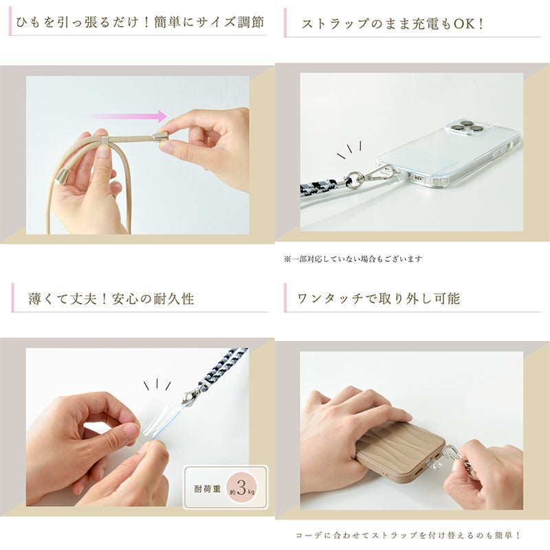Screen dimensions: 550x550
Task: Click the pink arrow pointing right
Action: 129,116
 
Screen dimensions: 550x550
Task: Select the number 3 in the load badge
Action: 241,487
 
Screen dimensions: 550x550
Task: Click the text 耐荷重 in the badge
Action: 208,489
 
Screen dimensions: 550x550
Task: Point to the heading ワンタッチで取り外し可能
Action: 379,298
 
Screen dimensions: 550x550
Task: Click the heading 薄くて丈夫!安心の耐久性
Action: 111,299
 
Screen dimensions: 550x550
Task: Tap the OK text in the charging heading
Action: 465,23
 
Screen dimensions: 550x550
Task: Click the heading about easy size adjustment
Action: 140,23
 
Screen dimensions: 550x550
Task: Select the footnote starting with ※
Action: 353,259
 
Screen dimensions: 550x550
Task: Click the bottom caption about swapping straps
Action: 408,536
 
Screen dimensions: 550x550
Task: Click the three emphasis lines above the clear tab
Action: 157,385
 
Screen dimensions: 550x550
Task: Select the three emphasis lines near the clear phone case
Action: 349,150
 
